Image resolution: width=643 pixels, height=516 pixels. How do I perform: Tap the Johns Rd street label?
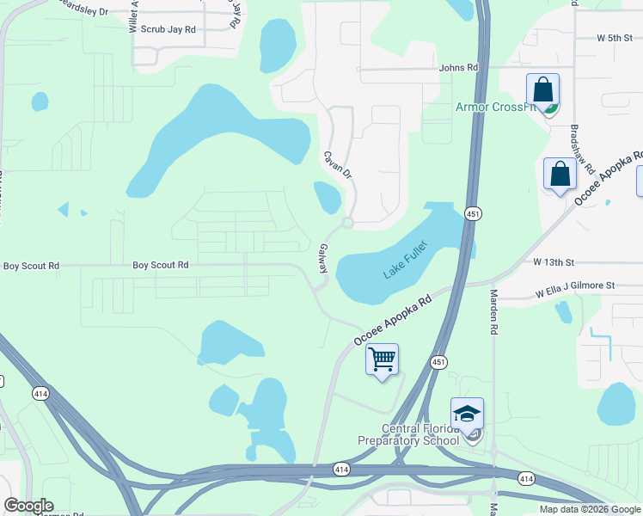(x=457, y=68)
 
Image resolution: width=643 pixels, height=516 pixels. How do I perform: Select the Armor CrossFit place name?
(x=496, y=107)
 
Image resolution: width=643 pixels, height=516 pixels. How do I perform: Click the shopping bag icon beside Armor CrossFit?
(x=542, y=90)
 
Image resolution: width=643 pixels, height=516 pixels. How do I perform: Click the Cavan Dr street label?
(x=338, y=165)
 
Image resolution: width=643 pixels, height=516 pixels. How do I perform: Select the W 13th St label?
(x=553, y=261)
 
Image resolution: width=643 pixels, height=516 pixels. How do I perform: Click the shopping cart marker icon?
(x=382, y=358)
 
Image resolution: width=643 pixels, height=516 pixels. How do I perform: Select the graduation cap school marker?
(x=467, y=415)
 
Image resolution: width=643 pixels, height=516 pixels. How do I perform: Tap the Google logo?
(x=28, y=506)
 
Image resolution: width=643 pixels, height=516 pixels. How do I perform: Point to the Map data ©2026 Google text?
(x=590, y=509)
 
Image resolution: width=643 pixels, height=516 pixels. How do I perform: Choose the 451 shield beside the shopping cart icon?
(x=438, y=363)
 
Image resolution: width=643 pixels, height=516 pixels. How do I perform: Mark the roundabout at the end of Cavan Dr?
(x=347, y=223)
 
